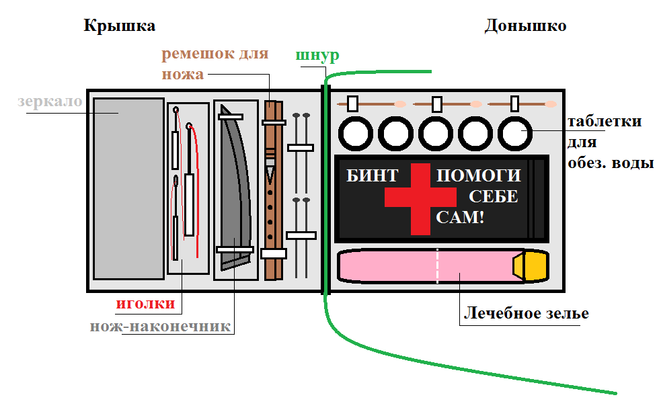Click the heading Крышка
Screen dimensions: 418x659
pyautogui.click(x=120, y=26)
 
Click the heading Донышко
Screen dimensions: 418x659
pyautogui.click(x=525, y=26)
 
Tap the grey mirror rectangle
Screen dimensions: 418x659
pyautogui.click(x=128, y=188)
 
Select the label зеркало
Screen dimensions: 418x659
pyautogui.click(x=50, y=102)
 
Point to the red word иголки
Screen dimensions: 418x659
pyautogui.click(x=145, y=304)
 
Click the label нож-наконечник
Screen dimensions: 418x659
pyautogui.click(x=161, y=327)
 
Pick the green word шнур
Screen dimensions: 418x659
pyautogui.click(x=317, y=55)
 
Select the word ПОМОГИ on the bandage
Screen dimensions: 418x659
pyautogui.click(x=479, y=176)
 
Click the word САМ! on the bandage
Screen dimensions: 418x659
pyautogui.click(x=460, y=217)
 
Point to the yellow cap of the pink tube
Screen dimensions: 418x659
pyautogui.click(x=531, y=265)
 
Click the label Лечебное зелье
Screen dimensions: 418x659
pyautogui.click(x=527, y=314)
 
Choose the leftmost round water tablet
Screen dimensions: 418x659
pyautogui.click(x=354, y=134)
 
